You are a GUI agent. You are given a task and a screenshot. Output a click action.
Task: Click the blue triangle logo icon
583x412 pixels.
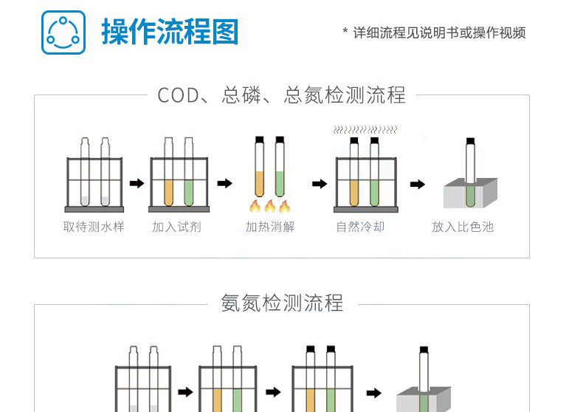63,32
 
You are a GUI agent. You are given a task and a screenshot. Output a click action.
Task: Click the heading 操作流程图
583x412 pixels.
170,32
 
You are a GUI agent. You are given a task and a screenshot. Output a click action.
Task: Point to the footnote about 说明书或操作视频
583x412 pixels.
435,32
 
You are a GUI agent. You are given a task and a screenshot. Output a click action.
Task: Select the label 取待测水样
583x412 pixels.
94,227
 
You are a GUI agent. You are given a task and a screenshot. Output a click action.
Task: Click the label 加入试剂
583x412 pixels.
176,227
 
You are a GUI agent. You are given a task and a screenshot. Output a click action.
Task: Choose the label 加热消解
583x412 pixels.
270,227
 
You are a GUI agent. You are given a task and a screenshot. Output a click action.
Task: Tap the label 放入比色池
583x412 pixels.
463,227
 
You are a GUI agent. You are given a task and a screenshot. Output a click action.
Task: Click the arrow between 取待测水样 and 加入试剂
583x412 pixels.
137,184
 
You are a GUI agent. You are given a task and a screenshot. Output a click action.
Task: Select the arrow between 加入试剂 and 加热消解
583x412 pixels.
225,184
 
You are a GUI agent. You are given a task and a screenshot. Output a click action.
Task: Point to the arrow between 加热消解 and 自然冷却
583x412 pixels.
319,184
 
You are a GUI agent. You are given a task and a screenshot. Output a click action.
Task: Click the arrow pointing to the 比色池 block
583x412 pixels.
418,184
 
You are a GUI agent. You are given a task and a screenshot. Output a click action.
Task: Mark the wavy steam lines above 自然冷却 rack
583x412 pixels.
365,129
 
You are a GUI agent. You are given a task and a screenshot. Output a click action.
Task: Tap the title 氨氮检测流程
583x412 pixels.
282,303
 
